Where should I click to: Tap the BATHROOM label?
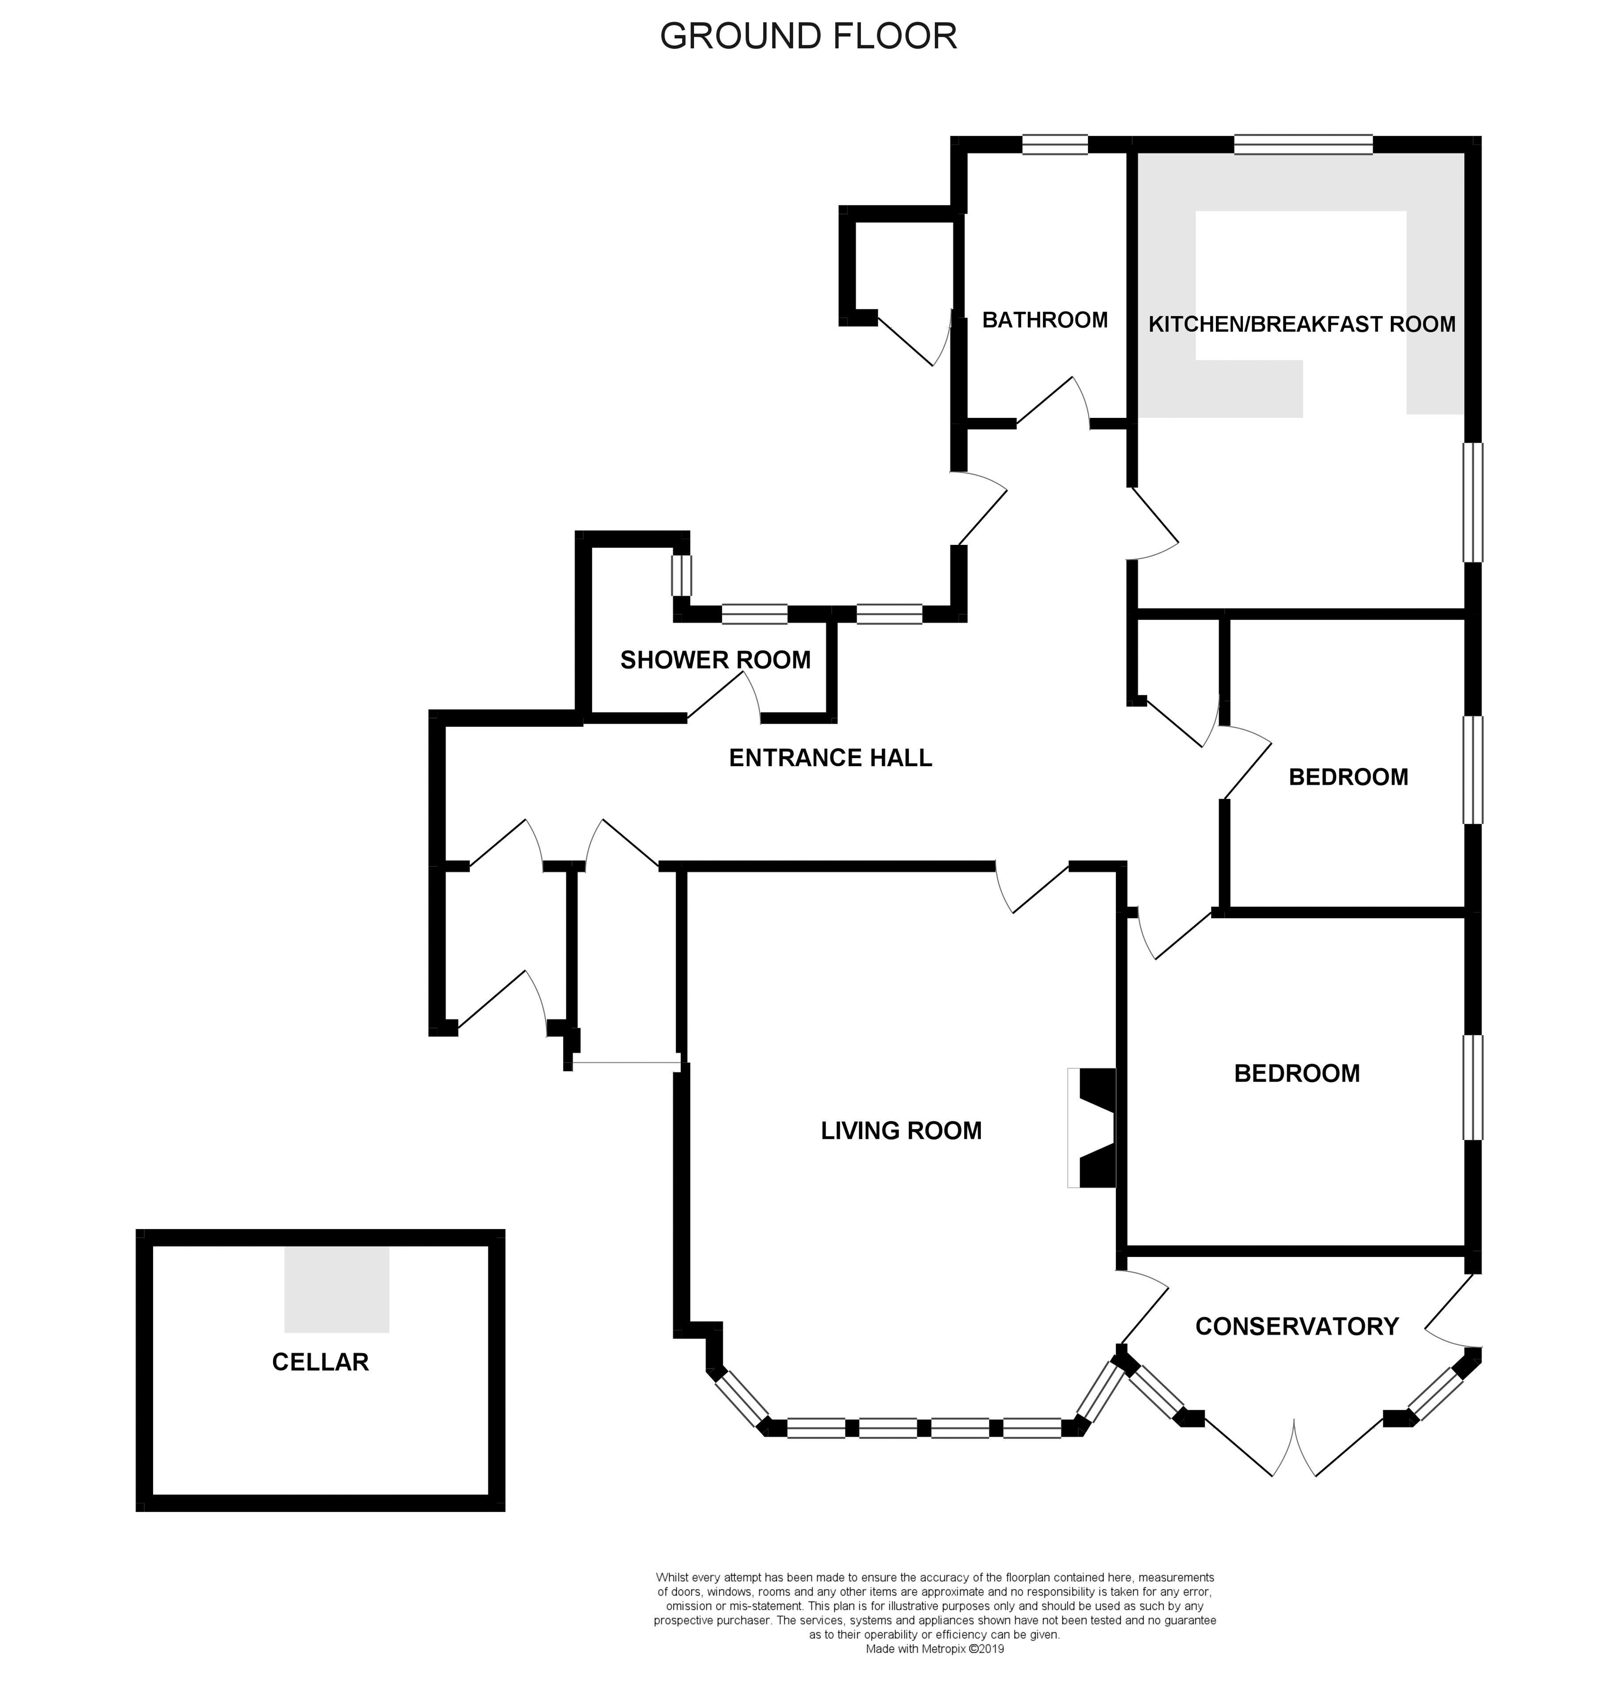point(1045,320)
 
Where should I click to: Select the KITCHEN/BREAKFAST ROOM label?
point(1301,324)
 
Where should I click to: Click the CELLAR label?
point(320,1362)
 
